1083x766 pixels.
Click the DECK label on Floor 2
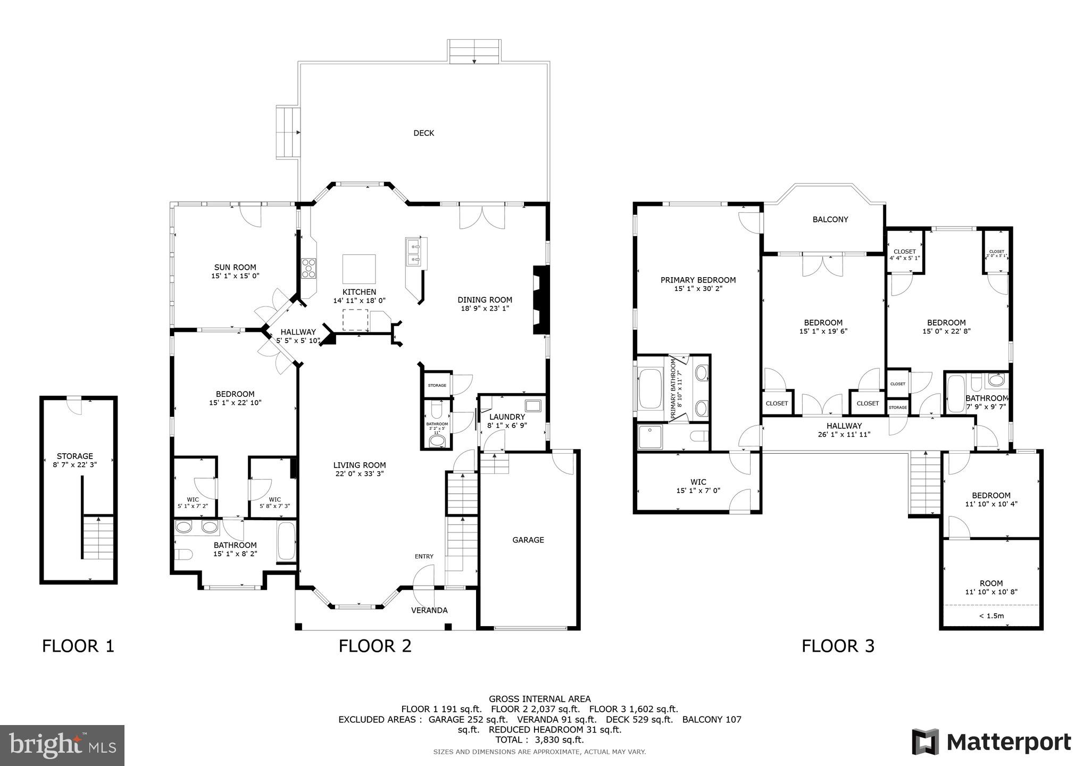[x=423, y=133]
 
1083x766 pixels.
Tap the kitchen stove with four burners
[x=309, y=268]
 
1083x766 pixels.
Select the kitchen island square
[x=359, y=269]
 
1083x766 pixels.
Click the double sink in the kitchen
[x=413, y=252]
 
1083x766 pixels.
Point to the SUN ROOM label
[x=235, y=268]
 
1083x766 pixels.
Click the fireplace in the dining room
[x=541, y=300]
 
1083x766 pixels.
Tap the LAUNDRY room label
[x=507, y=417]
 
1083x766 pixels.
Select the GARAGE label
[x=528, y=540]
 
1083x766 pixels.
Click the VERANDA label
[x=429, y=610]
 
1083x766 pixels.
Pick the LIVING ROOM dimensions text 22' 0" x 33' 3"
[x=360, y=473]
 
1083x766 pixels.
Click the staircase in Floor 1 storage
[x=98, y=537]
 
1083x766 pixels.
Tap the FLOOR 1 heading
[x=78, y=646]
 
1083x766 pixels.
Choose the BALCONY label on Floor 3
[x=830, y=219]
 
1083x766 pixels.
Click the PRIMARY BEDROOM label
[x=698, y=280]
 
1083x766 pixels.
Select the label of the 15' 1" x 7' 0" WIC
[x=698, y=482]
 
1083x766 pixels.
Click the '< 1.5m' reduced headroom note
[x=991, y=616]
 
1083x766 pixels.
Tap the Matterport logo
[x=991, y=742]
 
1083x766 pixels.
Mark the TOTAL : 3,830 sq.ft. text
[x=539, y=739]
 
